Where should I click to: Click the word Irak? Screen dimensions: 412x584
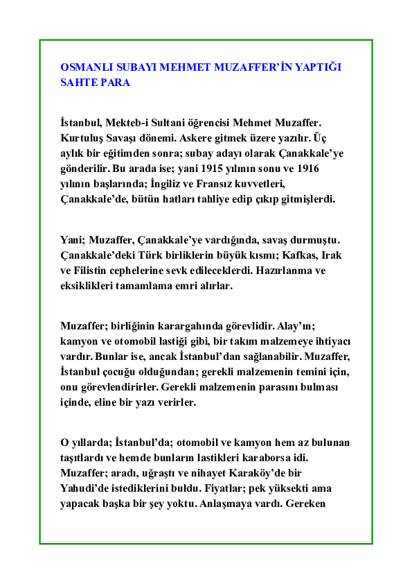pyautogui.click(x=330, y=255)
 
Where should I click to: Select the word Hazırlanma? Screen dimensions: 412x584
pyautogui.click(x=278, y=270)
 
